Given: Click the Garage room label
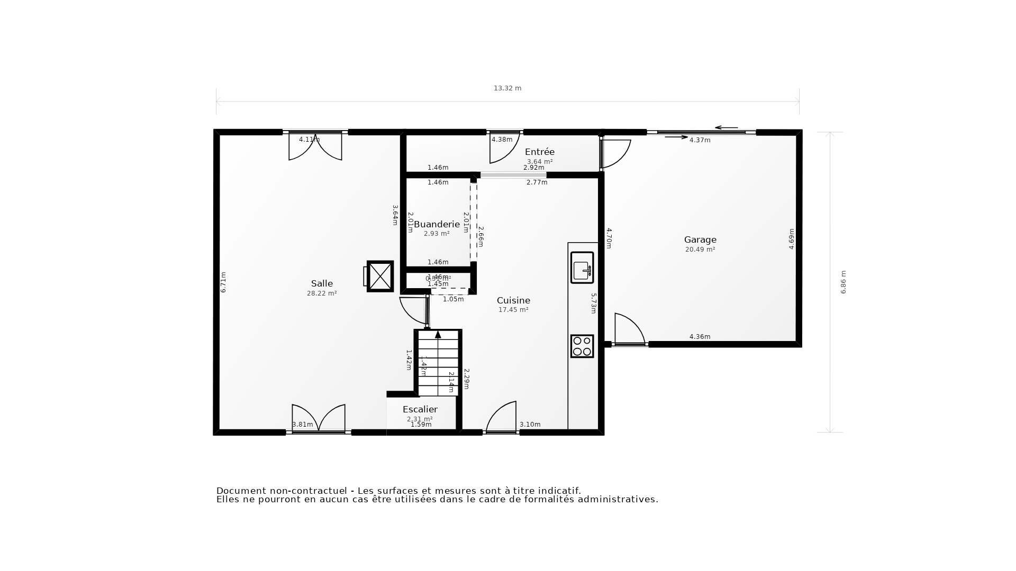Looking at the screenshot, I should tap(700, 240).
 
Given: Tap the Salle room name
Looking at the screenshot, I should tap(322, 283).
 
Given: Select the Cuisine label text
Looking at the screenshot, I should tap(513, 300).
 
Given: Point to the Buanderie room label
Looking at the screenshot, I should tap(437, 224).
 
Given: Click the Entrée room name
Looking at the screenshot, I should tap(539, 152).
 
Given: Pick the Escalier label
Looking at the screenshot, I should tap(420, 409).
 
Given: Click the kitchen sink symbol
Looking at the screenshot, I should tap(582, 268).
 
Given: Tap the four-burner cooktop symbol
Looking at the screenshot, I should tap(582, 346).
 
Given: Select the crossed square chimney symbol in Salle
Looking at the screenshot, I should tap(380, 276).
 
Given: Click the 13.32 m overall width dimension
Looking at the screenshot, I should tap(507, 88).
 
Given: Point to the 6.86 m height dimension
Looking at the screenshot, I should tap(843, 282).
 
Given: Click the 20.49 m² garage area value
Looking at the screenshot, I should tap(700, 250).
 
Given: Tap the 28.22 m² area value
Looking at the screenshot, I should tap(322, 293).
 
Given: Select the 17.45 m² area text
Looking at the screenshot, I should tap(513, 310).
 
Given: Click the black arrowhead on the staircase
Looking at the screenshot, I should tap(438, 335).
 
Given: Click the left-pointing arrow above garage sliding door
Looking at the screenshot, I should tap(725, 127).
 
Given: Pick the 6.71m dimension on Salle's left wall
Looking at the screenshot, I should tap(223, 282).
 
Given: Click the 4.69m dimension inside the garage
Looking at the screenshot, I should tap(792, 239).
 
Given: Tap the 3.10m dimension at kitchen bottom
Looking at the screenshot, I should tap(530, 425).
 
